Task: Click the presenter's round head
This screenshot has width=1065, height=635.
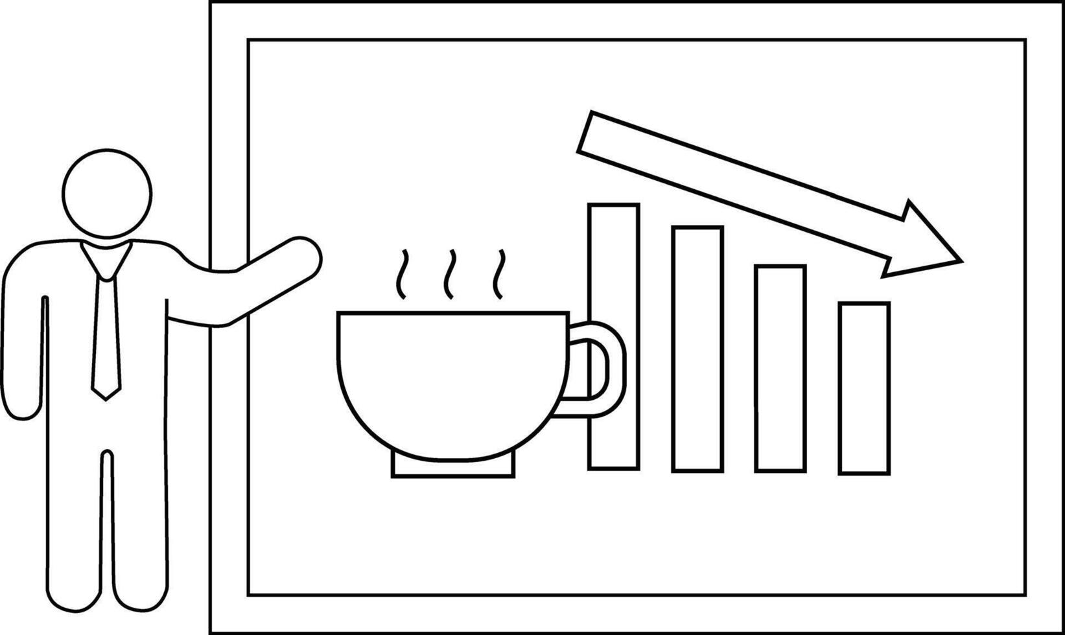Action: (x=107, y=193)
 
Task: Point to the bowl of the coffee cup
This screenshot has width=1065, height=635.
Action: (x=452, y=382)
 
